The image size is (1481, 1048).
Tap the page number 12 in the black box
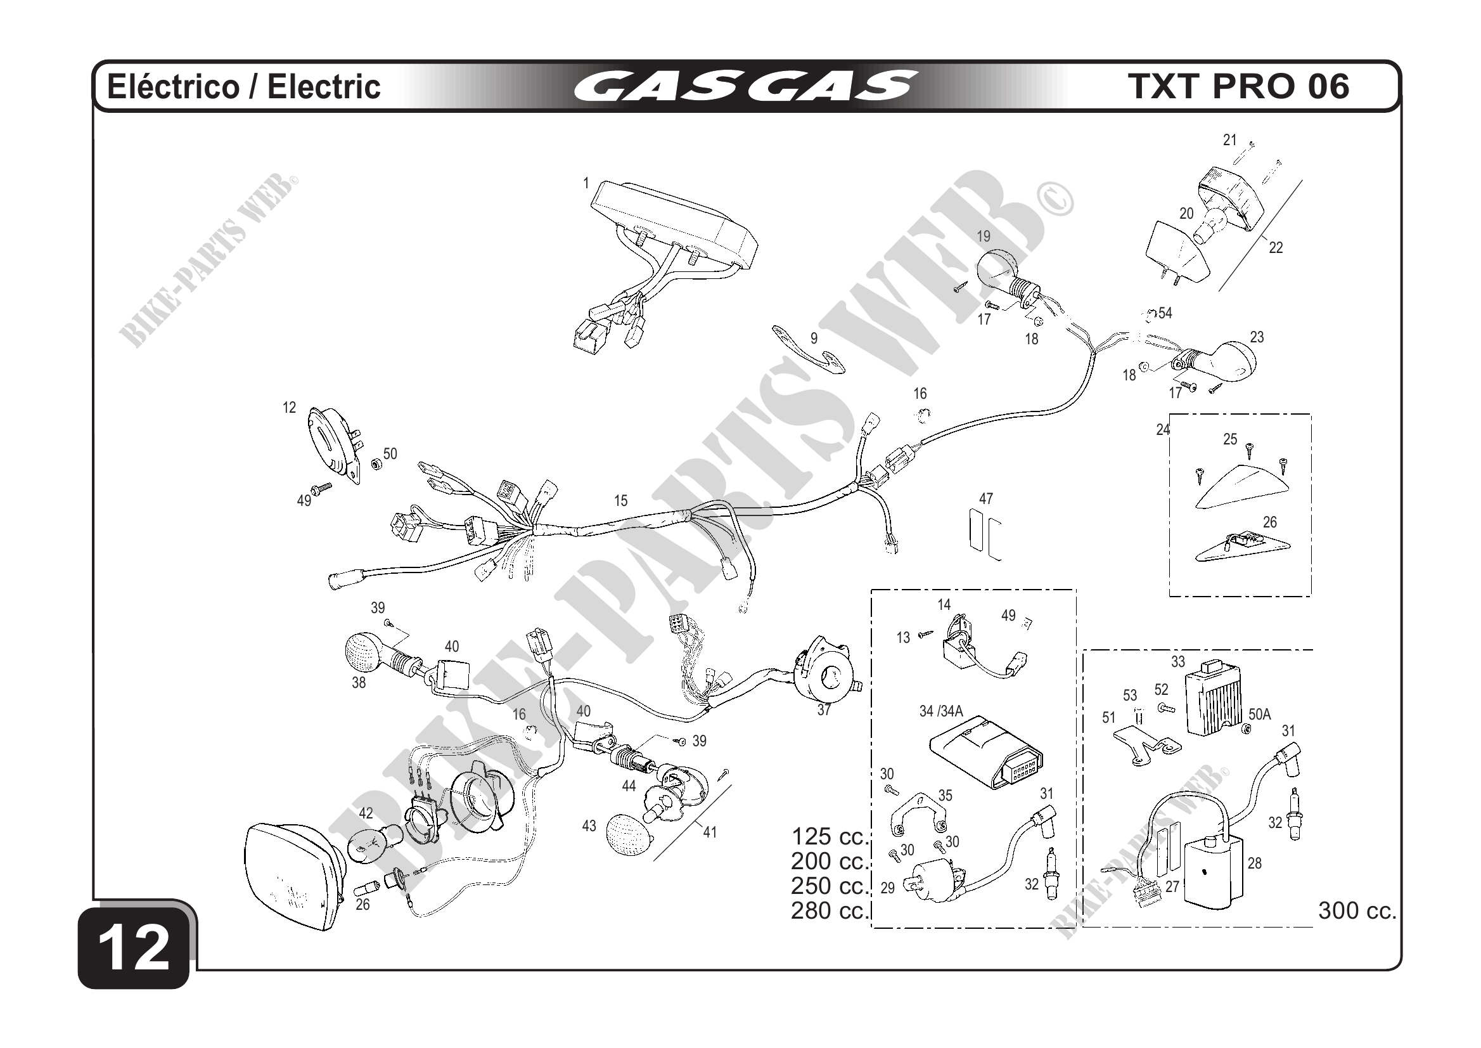(135, 948)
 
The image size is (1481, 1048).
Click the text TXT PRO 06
(1239, 86)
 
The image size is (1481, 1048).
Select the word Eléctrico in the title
(172, 86)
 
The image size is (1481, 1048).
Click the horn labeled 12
(333, 445)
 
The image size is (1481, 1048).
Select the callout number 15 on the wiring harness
(620, 501)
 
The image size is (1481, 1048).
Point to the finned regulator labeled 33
(1216, 703)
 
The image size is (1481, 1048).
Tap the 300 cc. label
(1357, 910)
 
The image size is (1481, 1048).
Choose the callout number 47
(985, 499)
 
